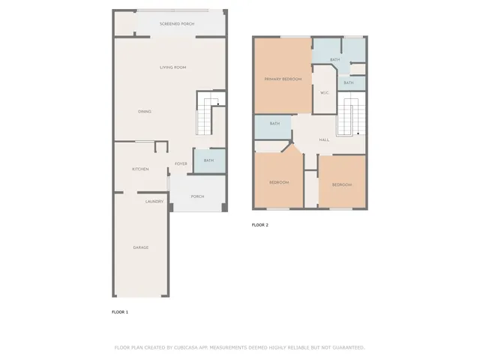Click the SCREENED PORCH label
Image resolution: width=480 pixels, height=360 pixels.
tap(177, 24)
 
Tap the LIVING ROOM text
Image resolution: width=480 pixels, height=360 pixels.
tap(172, 67)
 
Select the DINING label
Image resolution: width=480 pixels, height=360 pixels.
tap(145, 112)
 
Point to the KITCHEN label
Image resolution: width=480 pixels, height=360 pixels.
tap(140, 169)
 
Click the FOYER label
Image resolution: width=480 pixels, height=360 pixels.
tap(181, 163)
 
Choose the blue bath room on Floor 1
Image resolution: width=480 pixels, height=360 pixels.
tap(208, 160)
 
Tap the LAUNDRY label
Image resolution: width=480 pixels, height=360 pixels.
tap(154, 201)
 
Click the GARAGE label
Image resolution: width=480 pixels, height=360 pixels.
tap(140, 247)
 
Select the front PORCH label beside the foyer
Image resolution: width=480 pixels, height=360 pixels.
tap(197, 196)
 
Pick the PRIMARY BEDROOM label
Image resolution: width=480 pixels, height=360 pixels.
tap(282, 79)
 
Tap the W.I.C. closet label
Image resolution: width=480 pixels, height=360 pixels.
tap(325, 92)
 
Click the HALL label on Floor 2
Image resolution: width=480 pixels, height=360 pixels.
tap(324, 139)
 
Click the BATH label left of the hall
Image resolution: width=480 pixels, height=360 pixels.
tap(274, 124)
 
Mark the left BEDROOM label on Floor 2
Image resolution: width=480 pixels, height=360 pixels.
tap(279, 182)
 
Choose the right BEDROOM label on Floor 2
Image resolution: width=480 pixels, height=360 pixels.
tap(342, 184)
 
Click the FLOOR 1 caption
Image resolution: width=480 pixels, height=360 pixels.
tap(120, 311)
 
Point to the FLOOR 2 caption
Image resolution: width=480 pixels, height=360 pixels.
tap(259, 225)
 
